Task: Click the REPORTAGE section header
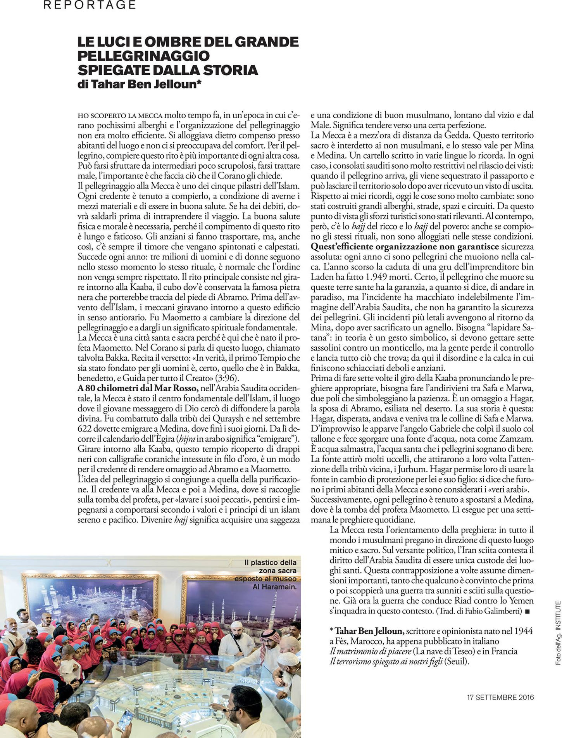pyautogui.click(x=90, y=5)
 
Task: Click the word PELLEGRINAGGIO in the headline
pyautogui.click(x=143, y=56)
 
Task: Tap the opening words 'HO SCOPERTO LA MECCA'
pyautogui.click(x=120, y=116)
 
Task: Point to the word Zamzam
pyautogui.click(x=517, y=439)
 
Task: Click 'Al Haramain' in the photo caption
pyautogui.click(x=274, y=587)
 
